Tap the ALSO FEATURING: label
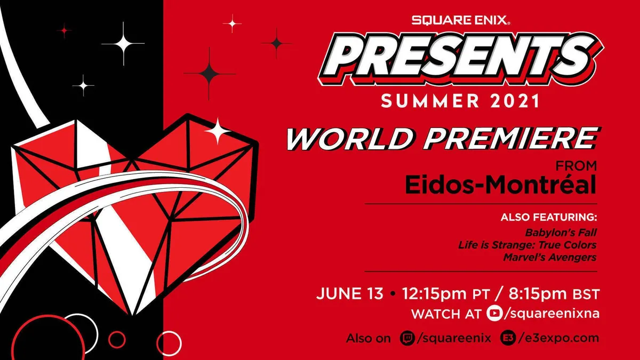549,218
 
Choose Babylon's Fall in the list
561,233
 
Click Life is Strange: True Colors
527,245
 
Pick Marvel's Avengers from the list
550,258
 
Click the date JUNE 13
349,294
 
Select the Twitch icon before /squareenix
407,338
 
